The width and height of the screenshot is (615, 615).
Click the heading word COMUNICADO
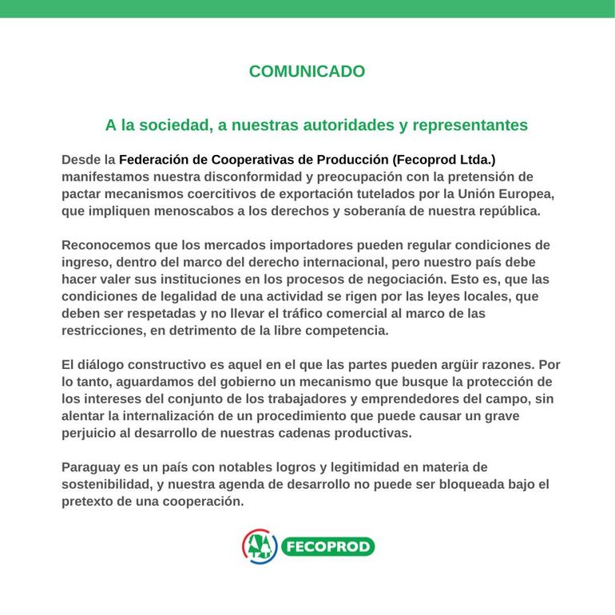[307, 71]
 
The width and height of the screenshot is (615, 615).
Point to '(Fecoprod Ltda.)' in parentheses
[444, 160]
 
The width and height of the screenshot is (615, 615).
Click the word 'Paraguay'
[90, 467]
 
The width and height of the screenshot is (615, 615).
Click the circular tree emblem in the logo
[260, 546]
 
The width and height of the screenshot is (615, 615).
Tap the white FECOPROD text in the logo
[327, 547]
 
